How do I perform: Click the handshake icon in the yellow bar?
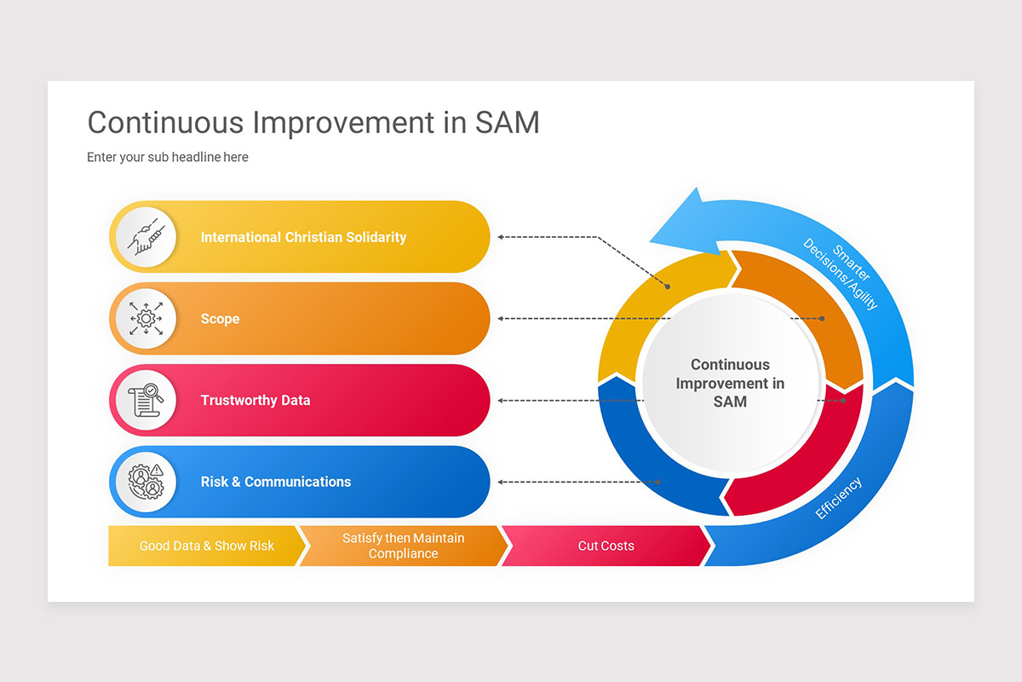(x=144, y=237)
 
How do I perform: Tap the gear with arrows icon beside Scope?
(x=144, y=318)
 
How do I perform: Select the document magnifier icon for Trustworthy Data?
(x=144, y=400)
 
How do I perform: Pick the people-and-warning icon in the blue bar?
(x=144, y=482)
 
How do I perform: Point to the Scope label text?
(x=220, y=319)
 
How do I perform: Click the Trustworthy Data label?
(x=255, y=400)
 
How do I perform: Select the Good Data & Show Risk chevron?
(x=206, y=546)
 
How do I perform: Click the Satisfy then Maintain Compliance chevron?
(x=403, y=546)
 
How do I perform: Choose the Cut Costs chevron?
(x=606, y=546)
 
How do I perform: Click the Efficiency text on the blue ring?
(x=838, y=499)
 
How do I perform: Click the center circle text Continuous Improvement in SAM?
(x=730, y=383)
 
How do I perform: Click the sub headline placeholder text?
(x=168, y=157)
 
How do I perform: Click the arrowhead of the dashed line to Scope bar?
(x=502, y=319)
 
